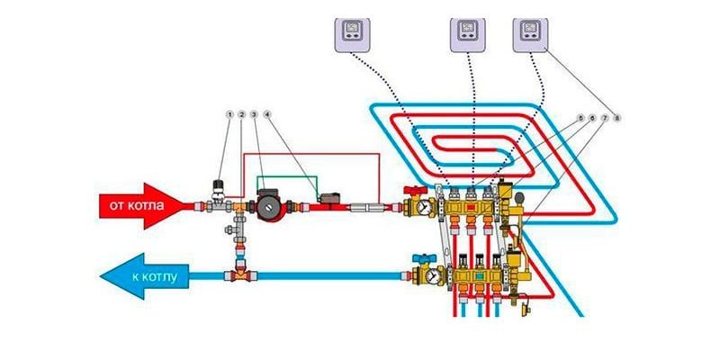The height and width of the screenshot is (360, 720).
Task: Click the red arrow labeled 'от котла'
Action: [x=139, y=206]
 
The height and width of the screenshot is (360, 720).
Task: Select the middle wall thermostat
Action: [x=467, y=35]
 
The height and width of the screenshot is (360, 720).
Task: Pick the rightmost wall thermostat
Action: [x=531, y=35]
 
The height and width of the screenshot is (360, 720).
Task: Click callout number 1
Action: [x=229, y=115]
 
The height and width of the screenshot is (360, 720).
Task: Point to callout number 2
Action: [x=242, y=115]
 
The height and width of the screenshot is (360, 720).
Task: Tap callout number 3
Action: [x=255, y=115]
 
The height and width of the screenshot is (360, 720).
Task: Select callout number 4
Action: [x=267, y=115]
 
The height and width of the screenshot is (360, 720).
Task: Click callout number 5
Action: [x=580, y=118]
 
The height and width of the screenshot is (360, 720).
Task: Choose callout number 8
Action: [x=617, y=118]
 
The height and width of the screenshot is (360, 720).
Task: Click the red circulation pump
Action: [x=269, y=204]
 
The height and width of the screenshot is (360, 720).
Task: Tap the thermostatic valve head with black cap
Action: [x=216, y=186]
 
